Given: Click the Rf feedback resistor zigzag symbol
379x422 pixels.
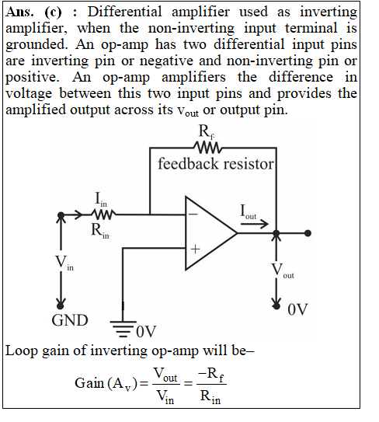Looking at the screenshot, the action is click(x=207, y=148).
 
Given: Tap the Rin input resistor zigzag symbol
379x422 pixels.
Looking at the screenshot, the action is click(x=103, y=214).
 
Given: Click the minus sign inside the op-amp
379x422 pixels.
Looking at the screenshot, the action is click(x=193, y=214).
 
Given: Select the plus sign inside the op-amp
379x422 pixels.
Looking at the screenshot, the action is click(x=195, y=249).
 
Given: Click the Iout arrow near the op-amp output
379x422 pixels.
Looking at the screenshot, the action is click(x=254, y=224).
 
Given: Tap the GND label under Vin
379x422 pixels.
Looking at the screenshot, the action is click(x=70, y=320).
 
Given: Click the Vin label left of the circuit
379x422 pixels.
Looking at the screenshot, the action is click(x=64, y=263).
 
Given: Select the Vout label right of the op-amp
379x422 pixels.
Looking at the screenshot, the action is click(x=283, y=270).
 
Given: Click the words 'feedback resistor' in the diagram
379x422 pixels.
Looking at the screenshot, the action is click(x=215, y=164).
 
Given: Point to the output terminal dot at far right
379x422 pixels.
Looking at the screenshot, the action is click(x=308, y=233).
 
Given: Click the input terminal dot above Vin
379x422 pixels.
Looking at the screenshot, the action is click(x=61, y=215).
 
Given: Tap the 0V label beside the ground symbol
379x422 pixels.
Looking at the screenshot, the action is click(x=146, y=332).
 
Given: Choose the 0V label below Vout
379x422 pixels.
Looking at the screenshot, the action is click(x=297, y=309).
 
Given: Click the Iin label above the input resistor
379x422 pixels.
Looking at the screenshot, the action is click(x=101, y=199).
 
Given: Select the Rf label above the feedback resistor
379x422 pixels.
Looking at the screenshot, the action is click(x=207, y=132).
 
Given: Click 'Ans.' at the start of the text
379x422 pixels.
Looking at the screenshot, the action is click(x=19, y=12).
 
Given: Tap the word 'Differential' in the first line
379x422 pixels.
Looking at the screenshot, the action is click(x=125, y=12).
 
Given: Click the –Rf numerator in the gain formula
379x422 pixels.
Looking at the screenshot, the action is click(x=211, y=375).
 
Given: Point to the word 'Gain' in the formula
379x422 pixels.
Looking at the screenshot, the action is click(x=89, y=383).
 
